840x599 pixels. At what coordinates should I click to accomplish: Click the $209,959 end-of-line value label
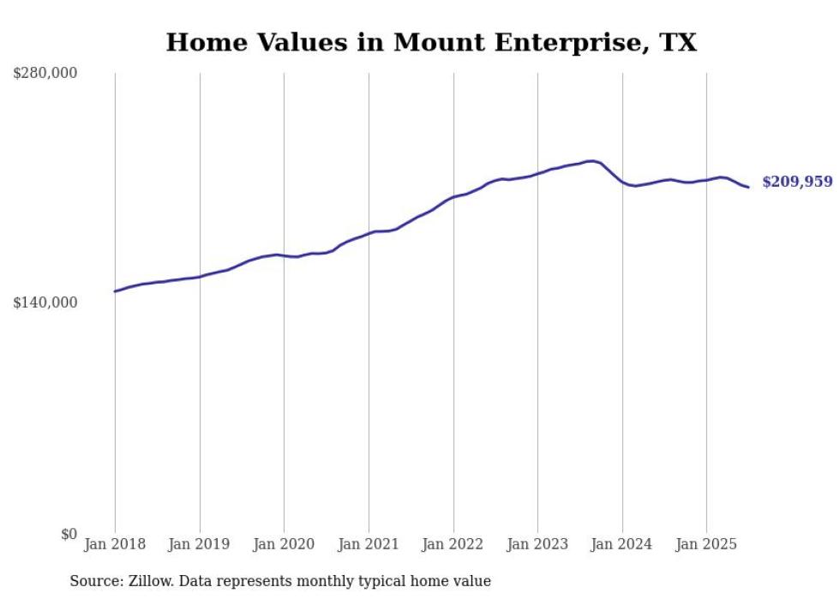tap(796, 182)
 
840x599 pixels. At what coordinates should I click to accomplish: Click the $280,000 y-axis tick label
tap(45, 74)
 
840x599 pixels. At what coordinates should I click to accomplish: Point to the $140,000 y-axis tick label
tap(45, 302)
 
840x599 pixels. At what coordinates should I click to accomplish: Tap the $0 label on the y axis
tap(69, 534)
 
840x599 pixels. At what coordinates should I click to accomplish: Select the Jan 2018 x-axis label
tap(115, 544)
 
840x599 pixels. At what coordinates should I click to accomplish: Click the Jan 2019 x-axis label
tap(200, 544)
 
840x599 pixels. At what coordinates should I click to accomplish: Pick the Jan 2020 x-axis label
tap(284, 544)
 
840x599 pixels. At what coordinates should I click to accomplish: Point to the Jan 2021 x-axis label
tap(369, 544)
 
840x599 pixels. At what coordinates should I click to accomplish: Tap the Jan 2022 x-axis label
tap(453, 544)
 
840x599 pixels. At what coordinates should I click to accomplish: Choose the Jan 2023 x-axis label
tap(537, 544)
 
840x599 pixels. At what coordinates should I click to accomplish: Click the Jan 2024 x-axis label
tap(622, 544)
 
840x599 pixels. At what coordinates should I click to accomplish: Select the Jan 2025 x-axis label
tap(706, 544)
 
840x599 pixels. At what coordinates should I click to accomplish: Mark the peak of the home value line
tap(591, 160)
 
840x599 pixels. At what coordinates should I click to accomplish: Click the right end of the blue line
tap(748, 187)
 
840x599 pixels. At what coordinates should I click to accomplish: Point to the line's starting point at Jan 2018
tap(115, 291)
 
